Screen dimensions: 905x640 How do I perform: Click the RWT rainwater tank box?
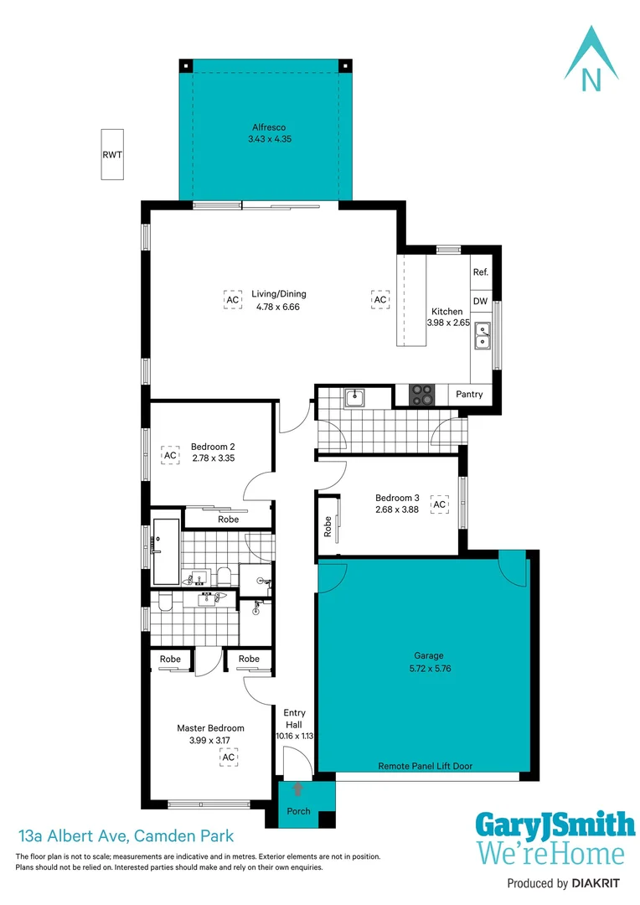tap(111, 154)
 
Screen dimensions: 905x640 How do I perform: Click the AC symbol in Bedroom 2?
tap(170, 455)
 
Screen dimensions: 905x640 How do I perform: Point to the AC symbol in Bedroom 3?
tap(439, 504)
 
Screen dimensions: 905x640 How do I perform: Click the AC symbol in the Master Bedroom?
tap(228, 757)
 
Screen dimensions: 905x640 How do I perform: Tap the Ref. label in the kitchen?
tap(480, 272)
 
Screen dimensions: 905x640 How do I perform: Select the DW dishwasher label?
tap(480, 301)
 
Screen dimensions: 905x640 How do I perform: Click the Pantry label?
tap(469, 394)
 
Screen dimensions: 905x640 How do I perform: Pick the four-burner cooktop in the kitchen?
tap(421, 394)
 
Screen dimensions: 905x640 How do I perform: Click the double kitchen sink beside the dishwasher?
tap(482, 335)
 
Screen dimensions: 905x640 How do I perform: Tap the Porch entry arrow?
tap(298, 789)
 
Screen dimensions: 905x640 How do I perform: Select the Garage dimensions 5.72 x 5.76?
tap(428, 669)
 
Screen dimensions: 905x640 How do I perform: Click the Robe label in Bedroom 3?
tap(328, 525)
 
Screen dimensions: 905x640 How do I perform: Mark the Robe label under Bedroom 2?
tap(228, 520)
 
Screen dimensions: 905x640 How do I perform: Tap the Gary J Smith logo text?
tap(555, 825)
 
